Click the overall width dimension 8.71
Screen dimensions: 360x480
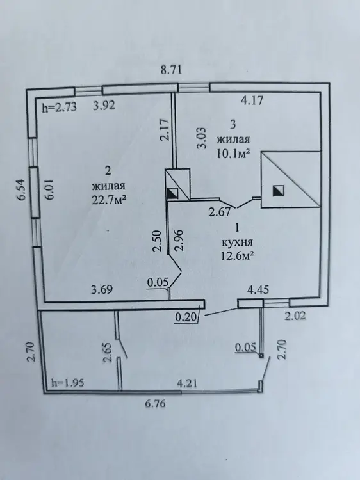click(171, 70)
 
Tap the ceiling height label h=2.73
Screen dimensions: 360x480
click(59, 107)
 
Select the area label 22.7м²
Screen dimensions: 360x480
click(110, 200)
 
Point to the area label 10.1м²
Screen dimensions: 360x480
click(232, 154)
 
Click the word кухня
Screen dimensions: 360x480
click(237, 242)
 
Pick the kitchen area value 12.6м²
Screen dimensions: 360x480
click(237, 255)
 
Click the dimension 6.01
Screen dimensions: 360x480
click(49, 189)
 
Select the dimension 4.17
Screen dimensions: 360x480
click(252, 100)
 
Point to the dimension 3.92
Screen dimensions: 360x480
click(104, 106)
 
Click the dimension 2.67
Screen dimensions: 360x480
click(219, 212)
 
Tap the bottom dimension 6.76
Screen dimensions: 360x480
click(155, 403)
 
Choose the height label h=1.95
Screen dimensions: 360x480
click(67, 383)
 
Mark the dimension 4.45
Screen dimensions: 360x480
click(258, 289)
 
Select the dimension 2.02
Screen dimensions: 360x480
click(295, 316)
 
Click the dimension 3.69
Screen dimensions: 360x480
click(102, 289)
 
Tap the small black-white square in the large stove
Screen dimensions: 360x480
click(278, 191)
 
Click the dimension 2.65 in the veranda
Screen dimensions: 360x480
click(108, 353)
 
